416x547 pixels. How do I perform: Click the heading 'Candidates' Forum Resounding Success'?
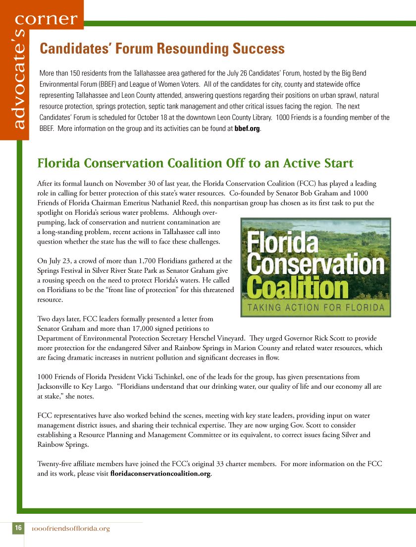click(162, 49)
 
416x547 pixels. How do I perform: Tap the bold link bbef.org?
click(247, 128)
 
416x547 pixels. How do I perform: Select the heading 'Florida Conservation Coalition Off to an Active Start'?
click(195, 163)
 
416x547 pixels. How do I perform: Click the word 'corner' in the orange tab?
click(47, 19)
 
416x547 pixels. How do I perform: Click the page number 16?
click(18, 528)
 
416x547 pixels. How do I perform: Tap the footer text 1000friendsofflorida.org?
click(70, 529)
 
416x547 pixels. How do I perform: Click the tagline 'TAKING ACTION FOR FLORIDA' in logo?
click(316, 307)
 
